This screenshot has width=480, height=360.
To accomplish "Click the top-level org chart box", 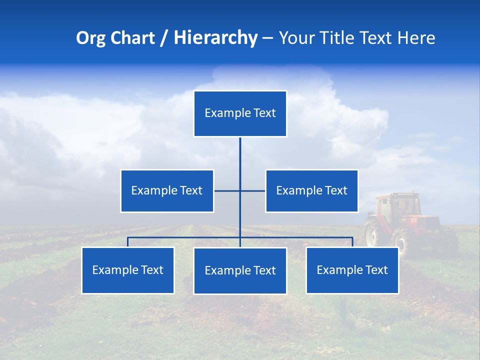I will coord(240,113).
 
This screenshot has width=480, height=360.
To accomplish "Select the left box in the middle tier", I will coord(167,191).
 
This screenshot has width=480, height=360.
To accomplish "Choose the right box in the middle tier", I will coord(311,191).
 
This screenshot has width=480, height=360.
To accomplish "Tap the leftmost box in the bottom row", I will coord(128,270).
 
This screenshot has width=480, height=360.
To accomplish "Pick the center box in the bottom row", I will coord(240,271).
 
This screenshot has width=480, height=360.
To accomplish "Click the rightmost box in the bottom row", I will coord(352,270).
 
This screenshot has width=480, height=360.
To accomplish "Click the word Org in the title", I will coord(91,38).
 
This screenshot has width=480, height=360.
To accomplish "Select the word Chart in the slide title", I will coord(132,38).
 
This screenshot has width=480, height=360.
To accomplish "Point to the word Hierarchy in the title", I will coord(215,38).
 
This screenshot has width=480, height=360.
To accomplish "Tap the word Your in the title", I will coord(297,38).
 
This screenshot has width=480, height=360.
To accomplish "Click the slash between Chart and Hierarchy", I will coord(164,38).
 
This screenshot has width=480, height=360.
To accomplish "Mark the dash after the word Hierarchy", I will coord(267,38).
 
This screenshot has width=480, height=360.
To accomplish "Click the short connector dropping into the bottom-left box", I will coord(128,242).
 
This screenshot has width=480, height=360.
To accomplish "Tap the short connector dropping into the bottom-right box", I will coord(352,242).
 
